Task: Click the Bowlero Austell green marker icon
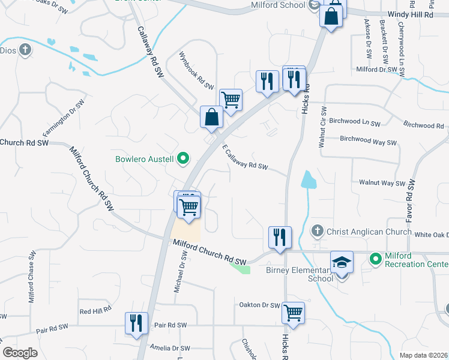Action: coord(184,159)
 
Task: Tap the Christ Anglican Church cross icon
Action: coord(318,231)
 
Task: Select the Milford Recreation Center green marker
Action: coord(376,259)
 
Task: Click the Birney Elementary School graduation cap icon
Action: coord(342,262)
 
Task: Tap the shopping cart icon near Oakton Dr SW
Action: coord(293,312)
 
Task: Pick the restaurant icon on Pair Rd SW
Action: coord(136,322)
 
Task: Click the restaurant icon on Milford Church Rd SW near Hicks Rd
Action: coord(280,237)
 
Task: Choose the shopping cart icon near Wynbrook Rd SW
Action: coord(231,100)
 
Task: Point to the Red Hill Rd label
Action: coord(95,311)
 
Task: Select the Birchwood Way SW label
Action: coord(369,140)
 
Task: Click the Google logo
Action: coord(20,352)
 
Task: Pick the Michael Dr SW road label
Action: coord(181,272)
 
